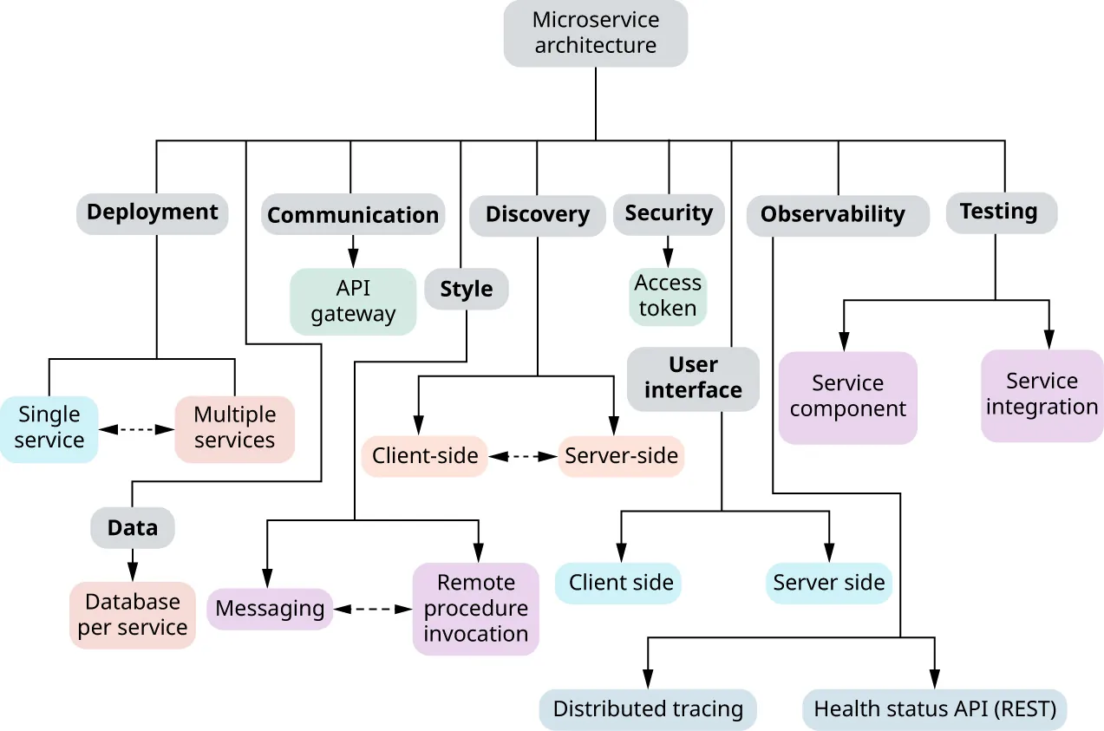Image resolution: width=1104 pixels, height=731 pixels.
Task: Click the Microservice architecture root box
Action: pyautogui.click(x=595, y=33)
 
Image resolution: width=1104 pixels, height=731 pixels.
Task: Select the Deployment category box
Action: pyautogui.click(x=153, y=212)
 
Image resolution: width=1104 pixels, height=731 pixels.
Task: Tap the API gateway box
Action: pyautogui.click(x=353, y=301)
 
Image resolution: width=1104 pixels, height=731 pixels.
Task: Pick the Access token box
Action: pyautogui.click(x=668, y=296)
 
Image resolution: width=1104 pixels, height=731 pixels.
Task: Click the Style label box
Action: pyautogui.click(x=467, y=290)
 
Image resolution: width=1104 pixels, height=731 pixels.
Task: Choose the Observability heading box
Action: pyautogui.click(x=833, y=215)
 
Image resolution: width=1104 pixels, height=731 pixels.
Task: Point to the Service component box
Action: pyautogui.click(x=847, y=396)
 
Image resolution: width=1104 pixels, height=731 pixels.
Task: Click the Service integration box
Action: pyautogui.click(x=1042, y=395)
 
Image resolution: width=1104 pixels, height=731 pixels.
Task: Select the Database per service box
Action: pyautogui.click(x=133, y=615)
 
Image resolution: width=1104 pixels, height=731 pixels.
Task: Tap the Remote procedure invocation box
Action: pyautogui.click(x=475, y=608)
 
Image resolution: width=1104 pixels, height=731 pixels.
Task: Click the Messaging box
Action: pyautogui.click(x=270, y=609)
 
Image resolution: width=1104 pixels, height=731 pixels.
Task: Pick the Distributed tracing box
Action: pyautogui.click(x=648, y=709)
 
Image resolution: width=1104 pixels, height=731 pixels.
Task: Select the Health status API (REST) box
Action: pyautogui.click(x=935, y=709)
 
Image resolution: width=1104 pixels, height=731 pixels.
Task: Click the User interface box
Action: pyautogui.click(x=693, y=378)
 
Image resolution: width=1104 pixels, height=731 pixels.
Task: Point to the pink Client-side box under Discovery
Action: pyautogui.click(x=425, y=455)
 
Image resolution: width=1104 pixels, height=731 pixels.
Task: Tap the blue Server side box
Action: pyautogui.click(x=829, y=583)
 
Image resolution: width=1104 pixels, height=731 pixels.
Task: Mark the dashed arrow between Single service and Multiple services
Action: pyautogui.click(x=136, y=428)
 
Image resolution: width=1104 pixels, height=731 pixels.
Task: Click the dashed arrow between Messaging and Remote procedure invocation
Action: pyautogui.click(x=373, y=610)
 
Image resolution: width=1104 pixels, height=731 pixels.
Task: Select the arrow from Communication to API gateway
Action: pyautogui.click(x=353, y=251)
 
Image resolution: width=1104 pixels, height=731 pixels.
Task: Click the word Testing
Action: pyautogui.click(x=999, y=212)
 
